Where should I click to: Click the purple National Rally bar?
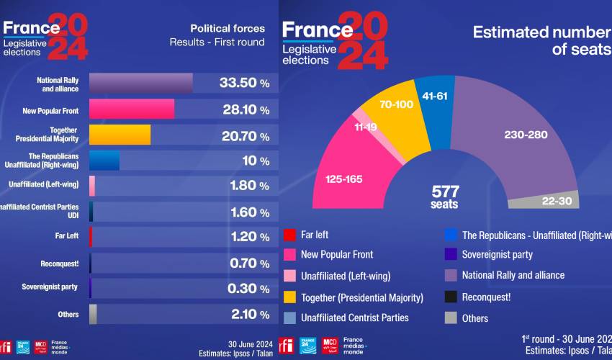click(140, 83)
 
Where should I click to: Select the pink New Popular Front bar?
click(132, 109)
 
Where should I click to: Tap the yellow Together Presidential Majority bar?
click(120, 135)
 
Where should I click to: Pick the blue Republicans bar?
click(104, 160)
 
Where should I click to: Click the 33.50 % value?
click(244, 83)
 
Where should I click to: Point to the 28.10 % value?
click(244, 109)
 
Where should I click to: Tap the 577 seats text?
click(445, 197)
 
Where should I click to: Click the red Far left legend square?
click(289, 234)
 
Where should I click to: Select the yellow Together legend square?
click(289, 297)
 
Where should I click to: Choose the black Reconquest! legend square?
click(450, 297)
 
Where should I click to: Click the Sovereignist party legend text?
click(497, 254)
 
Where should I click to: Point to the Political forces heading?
click(227, 29)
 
